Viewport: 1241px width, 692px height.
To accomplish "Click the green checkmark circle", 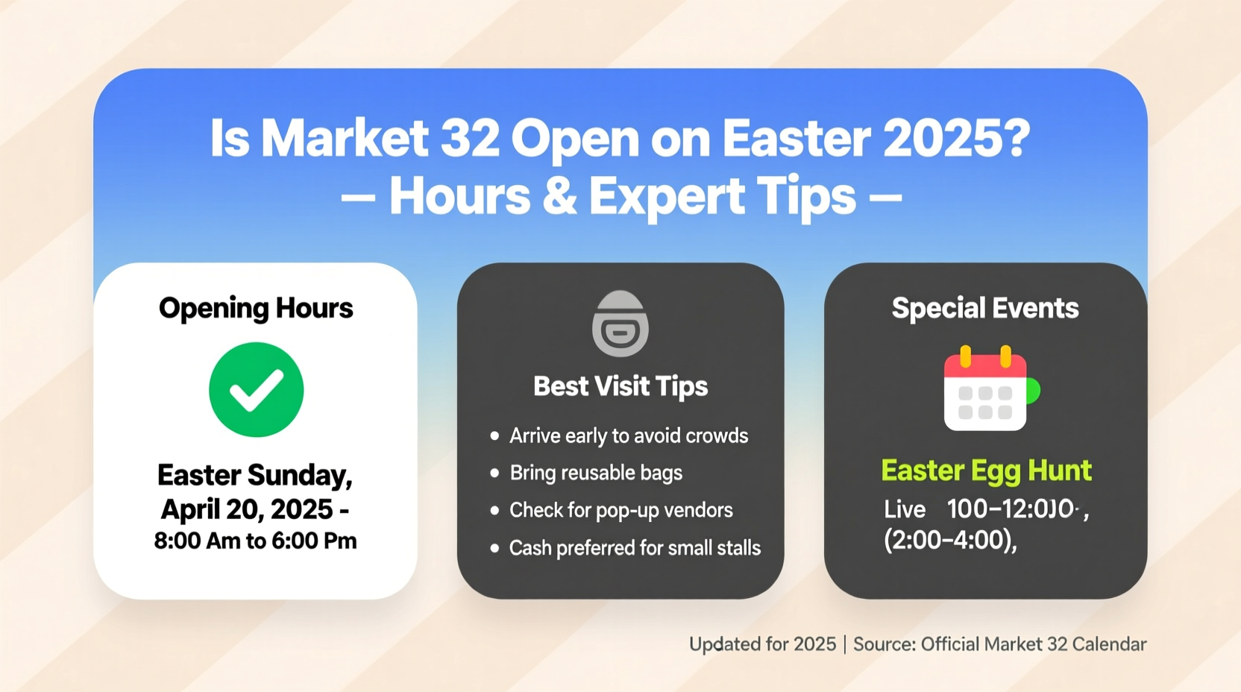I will [256, 389].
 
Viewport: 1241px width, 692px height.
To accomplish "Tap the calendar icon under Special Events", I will [986, 389].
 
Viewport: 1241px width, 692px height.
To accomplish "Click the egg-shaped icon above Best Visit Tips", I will [620, 324].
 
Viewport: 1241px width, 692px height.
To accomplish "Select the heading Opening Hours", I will [256, 308].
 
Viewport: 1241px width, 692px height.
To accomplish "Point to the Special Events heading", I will [984, 308].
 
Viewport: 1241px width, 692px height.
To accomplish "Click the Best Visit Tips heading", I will [620, 386].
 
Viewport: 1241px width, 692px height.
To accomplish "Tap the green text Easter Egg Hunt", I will [985, 471].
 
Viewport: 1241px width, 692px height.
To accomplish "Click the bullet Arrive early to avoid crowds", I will [628, 435].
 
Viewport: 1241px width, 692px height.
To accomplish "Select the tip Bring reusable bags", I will [595, 473].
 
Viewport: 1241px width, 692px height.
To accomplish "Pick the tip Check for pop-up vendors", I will [620, 510].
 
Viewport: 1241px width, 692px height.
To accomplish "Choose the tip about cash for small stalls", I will [634, 548].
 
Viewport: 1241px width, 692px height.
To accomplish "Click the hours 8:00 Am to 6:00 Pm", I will [255, 541].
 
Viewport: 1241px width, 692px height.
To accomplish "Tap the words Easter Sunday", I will [254, 475].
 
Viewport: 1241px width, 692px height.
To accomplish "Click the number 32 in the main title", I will [470, 139].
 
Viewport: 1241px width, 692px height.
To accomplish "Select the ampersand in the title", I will [560, 197].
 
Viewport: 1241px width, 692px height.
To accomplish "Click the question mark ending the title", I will [1014, 139].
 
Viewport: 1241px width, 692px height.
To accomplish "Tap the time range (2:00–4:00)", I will [949, 540].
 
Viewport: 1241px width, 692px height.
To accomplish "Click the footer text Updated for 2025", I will [762, 644].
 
